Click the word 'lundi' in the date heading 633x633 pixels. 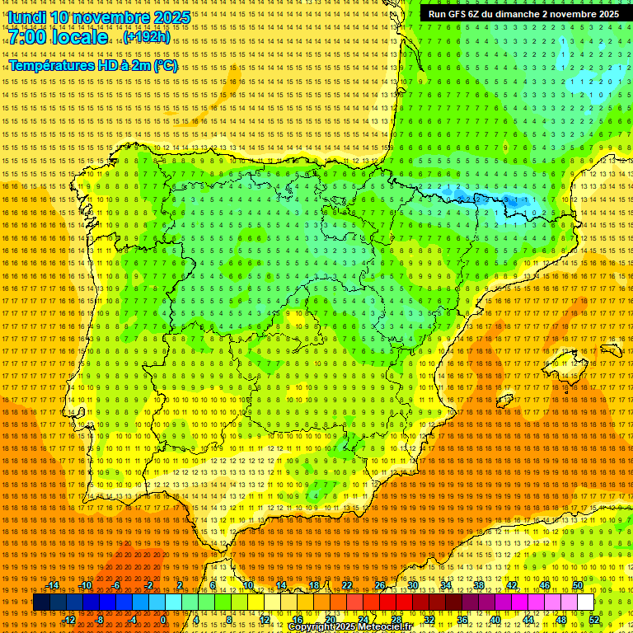(x=26, y=17)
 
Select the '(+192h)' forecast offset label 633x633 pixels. (x=147, y=37)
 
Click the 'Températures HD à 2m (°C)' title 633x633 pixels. (x=93, y=65)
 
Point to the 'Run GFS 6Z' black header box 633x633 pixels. (x=523, y=14)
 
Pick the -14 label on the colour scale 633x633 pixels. (x=54, y=585)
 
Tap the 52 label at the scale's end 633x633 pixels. (x=594, y=620)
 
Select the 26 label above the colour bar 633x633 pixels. (x=380, y=585)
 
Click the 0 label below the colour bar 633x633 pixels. (x=163, y=620)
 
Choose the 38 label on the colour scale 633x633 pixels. (x=479, y=585)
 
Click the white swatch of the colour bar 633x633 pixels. (x=585, y=603)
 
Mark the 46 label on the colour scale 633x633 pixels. (x=545, y=585)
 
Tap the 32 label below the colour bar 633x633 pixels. (x=429, y=620)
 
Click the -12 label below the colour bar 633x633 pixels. (x=70, y=620)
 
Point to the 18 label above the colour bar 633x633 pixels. (x=314, y=585)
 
